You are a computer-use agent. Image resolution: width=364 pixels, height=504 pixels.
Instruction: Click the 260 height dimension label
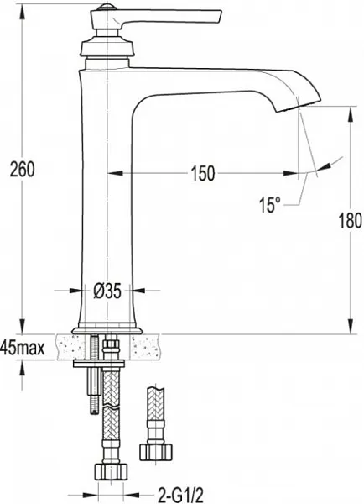point(22,170)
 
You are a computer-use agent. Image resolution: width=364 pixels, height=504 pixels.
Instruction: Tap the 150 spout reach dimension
point(202,174)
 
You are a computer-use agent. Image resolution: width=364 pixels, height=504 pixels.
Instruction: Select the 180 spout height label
point(351,221)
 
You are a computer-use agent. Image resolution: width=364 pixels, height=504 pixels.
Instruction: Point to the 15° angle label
point(269,205)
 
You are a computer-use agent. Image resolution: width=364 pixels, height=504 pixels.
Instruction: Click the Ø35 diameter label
point(107,291)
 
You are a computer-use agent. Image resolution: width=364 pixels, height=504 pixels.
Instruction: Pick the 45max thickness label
point(23,347)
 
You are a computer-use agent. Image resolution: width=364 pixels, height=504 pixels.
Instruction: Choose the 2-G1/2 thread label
point(181,496)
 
